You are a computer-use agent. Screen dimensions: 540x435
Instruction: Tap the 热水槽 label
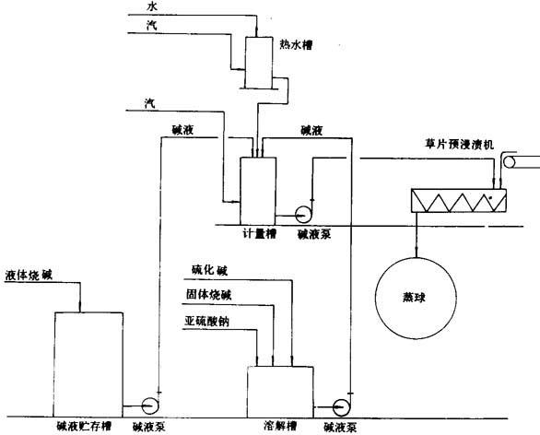coord(296,45)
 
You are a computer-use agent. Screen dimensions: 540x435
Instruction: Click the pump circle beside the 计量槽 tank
coord(304,215)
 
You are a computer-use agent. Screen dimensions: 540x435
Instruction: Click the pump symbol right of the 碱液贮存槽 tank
coord(150,406)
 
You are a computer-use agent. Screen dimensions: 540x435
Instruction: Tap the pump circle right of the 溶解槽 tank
coord(342,407)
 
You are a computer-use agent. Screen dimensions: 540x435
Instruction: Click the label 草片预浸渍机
coord(459,144)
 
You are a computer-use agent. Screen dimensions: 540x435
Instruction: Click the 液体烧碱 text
coord(29,276)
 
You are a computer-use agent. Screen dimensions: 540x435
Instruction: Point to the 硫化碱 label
coord(210,270)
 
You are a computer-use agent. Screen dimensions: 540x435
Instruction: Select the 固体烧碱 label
coord(208,295)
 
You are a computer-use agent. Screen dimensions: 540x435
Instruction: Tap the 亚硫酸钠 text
coord(206,321)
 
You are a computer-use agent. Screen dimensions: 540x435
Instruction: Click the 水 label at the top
coord(152,6)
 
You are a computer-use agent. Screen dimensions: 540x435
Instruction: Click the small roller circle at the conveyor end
coord(509,162)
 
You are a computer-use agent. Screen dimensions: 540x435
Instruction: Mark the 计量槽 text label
coord(259,234)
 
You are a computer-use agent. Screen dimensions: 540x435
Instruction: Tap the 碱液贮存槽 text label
coord(84,427)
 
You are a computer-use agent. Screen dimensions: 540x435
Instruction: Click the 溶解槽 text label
coord(280,426)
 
